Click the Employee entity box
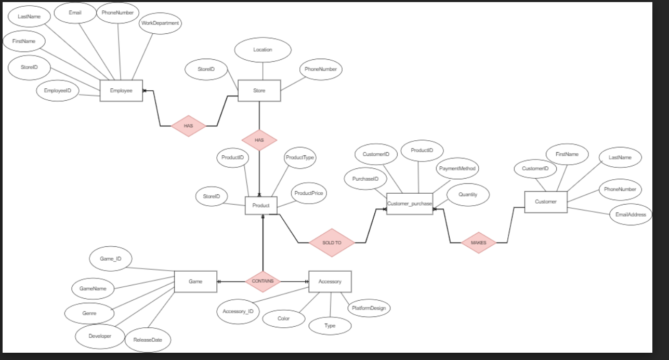[x=121, y=91]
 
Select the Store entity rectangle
[x=259, y=91]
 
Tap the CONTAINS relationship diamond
[x=263, y=281]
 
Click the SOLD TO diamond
[x=332, y=243]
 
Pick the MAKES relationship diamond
[x=478, y=243]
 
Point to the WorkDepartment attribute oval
[x=160, y=23]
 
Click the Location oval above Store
[x=263, y=50]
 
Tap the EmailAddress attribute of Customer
[x=631, y=215]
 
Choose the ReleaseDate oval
[x=148, y=340]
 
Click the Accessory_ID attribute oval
[x=238, y=312]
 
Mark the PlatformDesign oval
[x=369, y=308]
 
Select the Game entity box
[x=195, y=282]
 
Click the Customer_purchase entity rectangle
[x=410, y=204]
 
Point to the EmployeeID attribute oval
[x=58, y=91]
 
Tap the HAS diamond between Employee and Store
[x=188, y=126]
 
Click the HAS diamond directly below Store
[x=259, y=140]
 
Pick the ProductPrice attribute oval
[x=309, y=193]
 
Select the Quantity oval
[x=468, y=195]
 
